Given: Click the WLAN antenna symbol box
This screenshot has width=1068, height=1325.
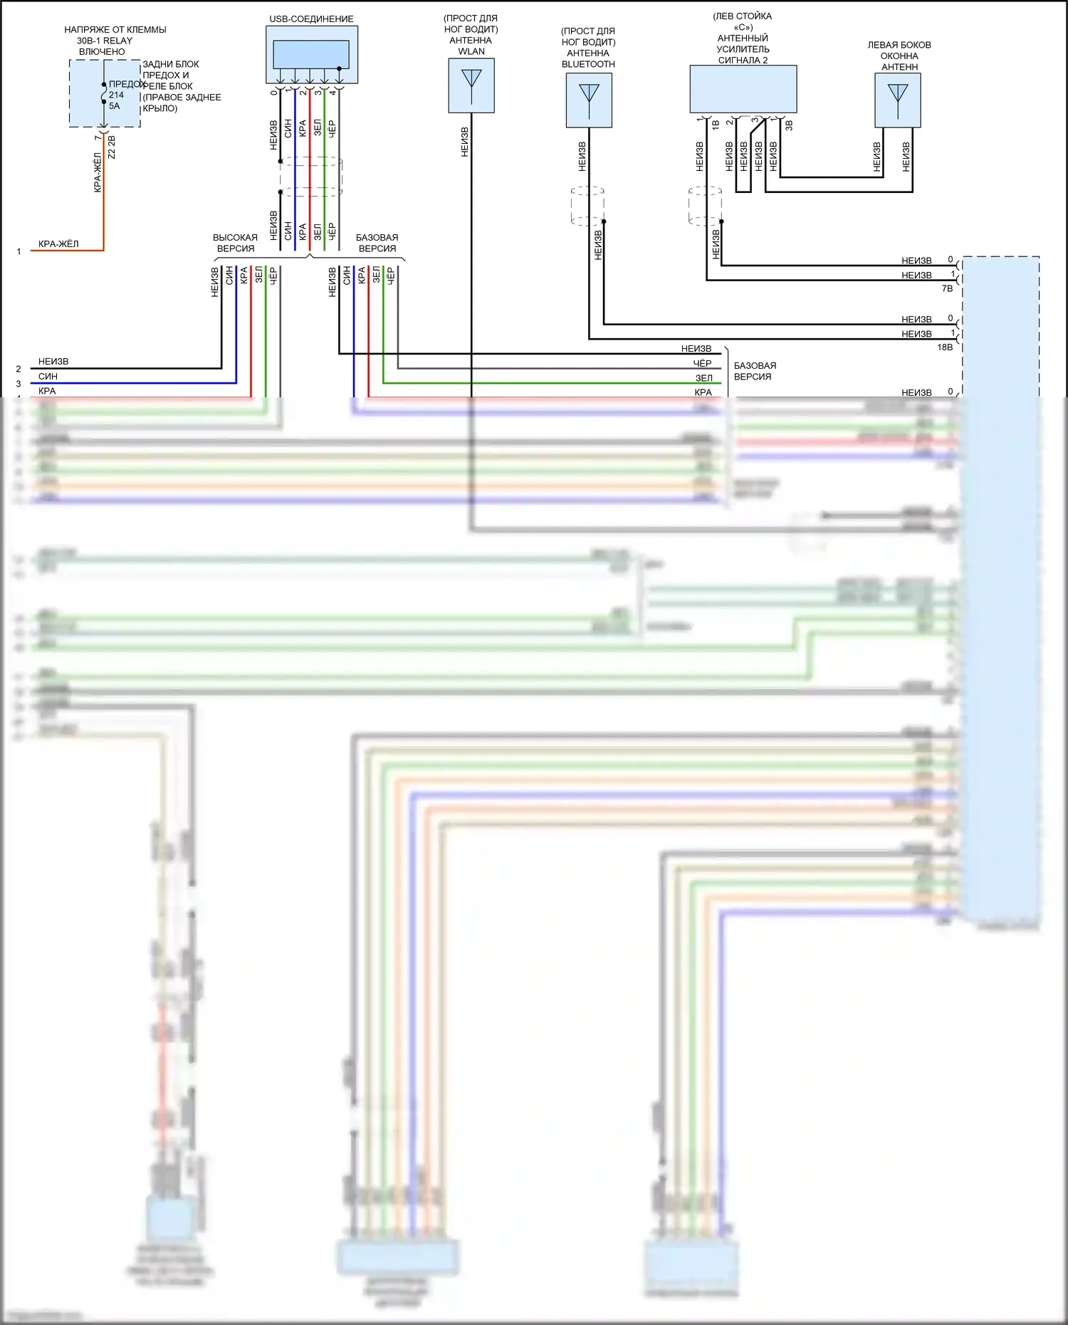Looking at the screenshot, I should tap(471, 85).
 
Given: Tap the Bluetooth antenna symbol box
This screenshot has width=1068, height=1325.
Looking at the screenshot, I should tap(589, 100).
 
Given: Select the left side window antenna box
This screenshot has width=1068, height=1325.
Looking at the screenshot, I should tap(897, 100).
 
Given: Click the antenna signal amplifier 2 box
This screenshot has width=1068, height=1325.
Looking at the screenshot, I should tap(743, 89).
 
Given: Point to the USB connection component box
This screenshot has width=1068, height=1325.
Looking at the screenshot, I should tap(312, 55).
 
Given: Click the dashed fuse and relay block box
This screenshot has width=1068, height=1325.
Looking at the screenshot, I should tap(105, 93).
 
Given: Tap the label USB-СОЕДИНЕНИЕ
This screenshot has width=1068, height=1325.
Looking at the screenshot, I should tap(311, 19).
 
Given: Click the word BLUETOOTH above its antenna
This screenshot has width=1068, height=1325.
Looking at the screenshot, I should tap(588, 64).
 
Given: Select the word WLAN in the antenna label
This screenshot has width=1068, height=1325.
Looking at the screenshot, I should tap(471, 51).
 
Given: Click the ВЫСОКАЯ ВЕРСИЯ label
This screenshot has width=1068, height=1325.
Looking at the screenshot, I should tap(235, 243).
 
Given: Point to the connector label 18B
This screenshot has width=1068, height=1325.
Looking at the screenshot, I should tap(945, 347).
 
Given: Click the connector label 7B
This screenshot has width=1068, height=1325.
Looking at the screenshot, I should tap(947, 289).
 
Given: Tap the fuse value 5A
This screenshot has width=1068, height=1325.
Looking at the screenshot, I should tap(115, 106).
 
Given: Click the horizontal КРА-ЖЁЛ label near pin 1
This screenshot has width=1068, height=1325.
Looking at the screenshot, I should tap(58, 244).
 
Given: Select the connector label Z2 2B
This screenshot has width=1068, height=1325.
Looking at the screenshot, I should tap(111, 147).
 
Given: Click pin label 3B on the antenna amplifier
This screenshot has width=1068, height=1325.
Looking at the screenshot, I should tap(789, 125).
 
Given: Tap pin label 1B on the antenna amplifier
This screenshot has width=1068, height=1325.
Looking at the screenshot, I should tap(716, 125).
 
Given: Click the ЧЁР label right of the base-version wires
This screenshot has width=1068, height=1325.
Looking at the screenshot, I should tap(702, 364).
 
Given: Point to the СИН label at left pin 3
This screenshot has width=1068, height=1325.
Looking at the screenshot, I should tap(48, 377).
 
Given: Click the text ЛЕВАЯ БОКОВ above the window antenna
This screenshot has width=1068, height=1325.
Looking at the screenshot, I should tap(899, 45).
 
